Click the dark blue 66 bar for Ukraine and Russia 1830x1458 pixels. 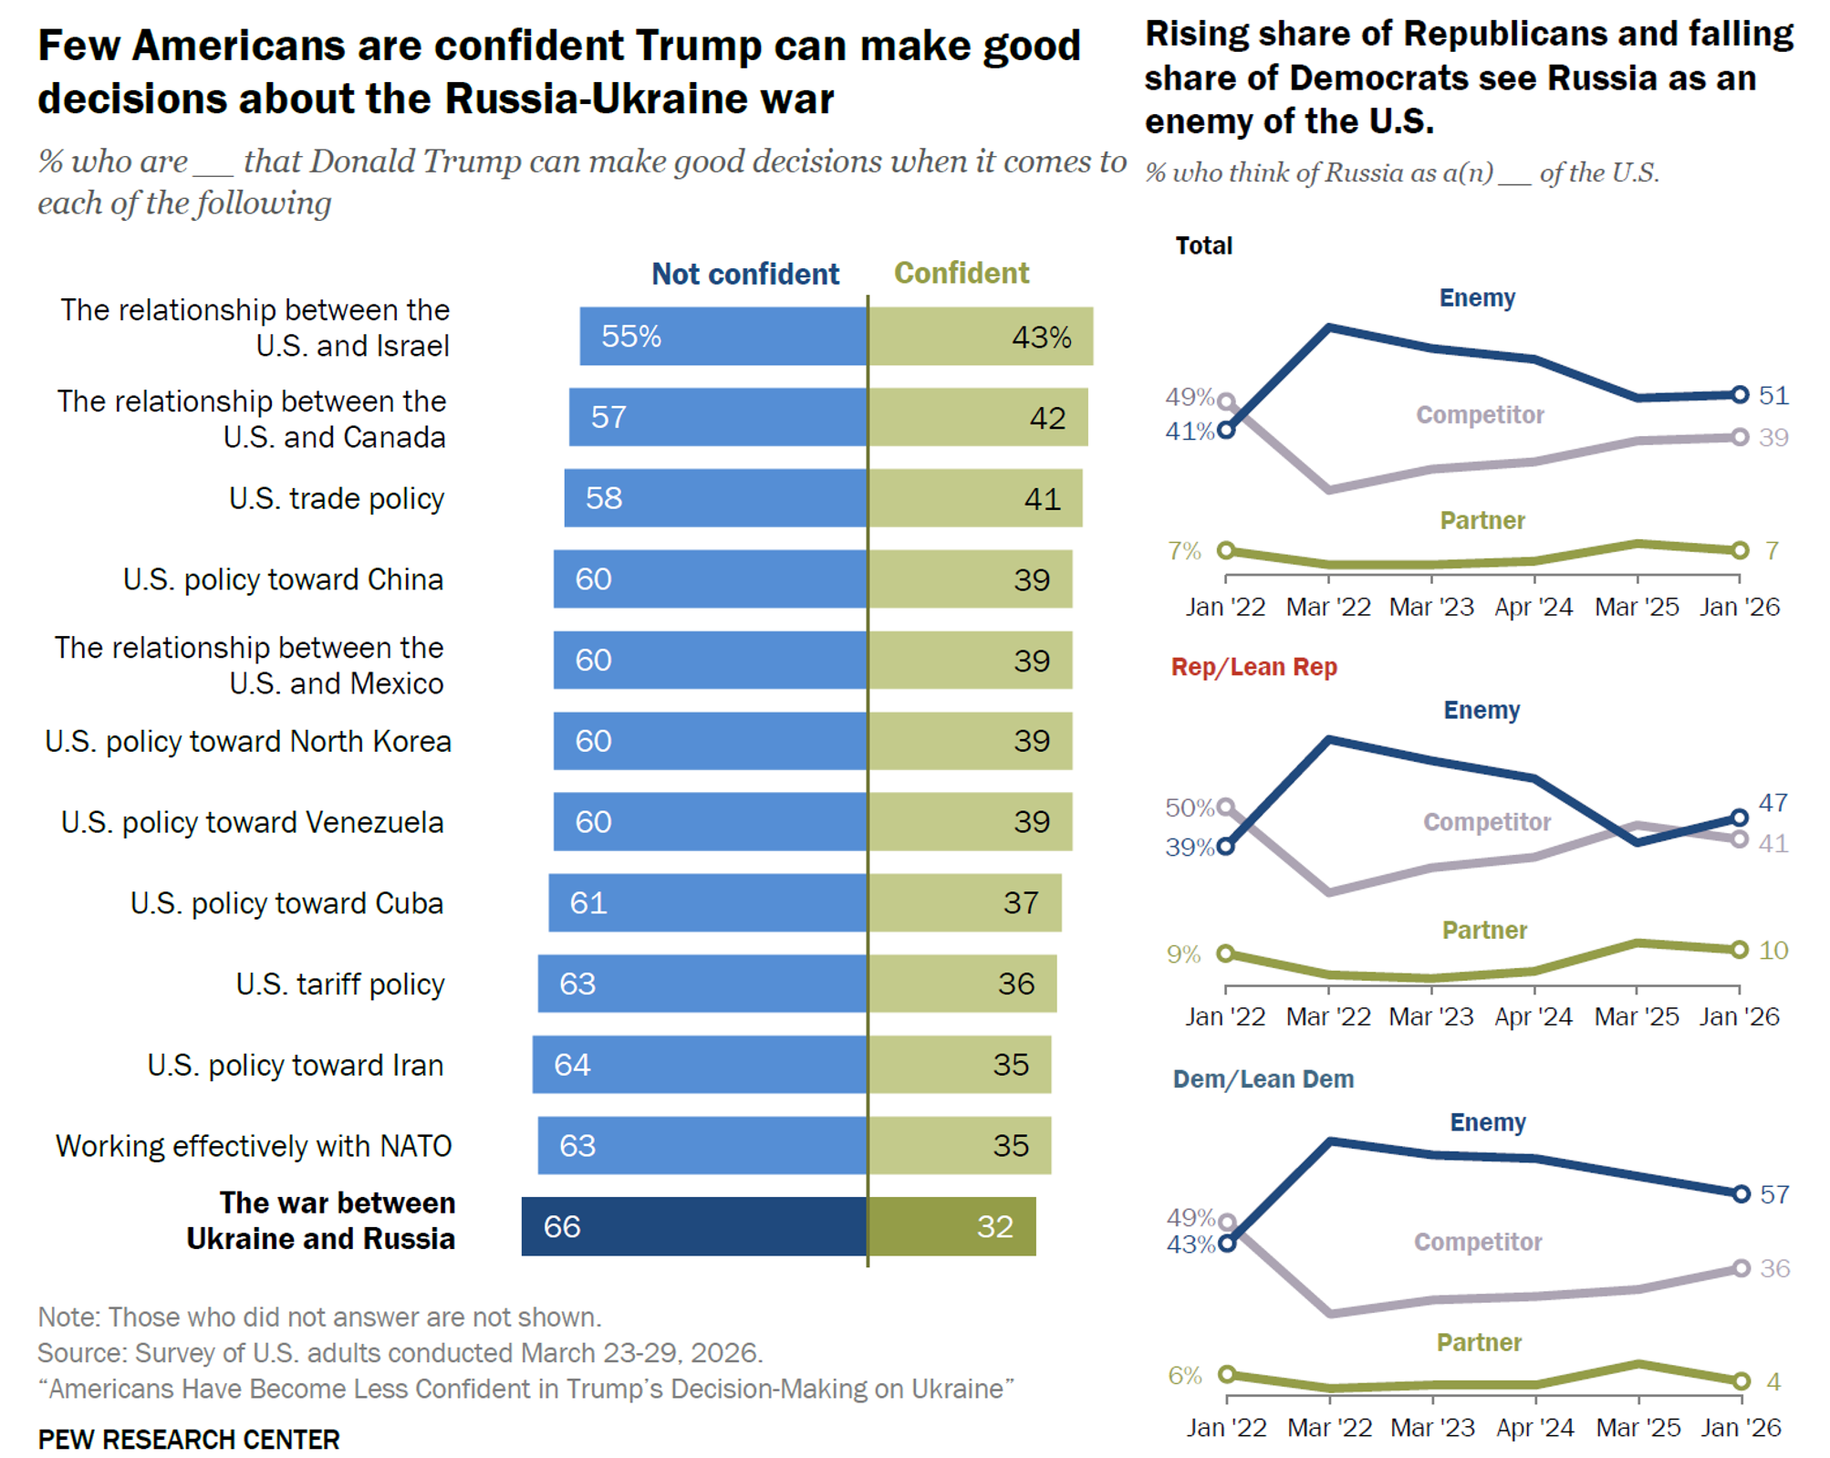[x=693, y=1225]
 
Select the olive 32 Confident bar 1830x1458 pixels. [x=951, y=1225]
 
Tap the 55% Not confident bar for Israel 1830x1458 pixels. [x=723, y=336]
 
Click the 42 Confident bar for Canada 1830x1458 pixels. [x=978, y=417]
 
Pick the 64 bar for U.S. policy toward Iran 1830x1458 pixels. [x=699, y=1064]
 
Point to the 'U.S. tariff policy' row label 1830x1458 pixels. [x=339, y=984]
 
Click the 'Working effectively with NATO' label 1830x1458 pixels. [x=254, y=1145]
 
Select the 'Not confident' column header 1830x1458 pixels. [x=744, y=274]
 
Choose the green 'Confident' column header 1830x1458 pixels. [x=961, y=273]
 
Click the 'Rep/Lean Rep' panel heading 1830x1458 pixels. [x=1253, y=667]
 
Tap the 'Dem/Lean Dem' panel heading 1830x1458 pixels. [x=1263, y=1078]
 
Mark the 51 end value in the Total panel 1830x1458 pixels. [x=1773, y=395]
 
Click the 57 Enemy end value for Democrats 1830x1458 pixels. [x=1774, y=1194]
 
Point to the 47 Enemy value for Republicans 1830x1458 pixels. [x=1773, y=803]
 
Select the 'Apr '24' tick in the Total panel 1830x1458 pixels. [x=1534, y=607]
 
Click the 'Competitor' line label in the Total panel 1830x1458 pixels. [x=1480, y=415]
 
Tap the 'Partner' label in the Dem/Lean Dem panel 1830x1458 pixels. [x=1479, y=1342]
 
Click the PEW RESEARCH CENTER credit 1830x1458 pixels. [x=189, y=1439]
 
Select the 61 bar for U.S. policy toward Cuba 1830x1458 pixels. [x=707, y=902]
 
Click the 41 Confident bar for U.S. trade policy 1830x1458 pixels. [x=975, y=498]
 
